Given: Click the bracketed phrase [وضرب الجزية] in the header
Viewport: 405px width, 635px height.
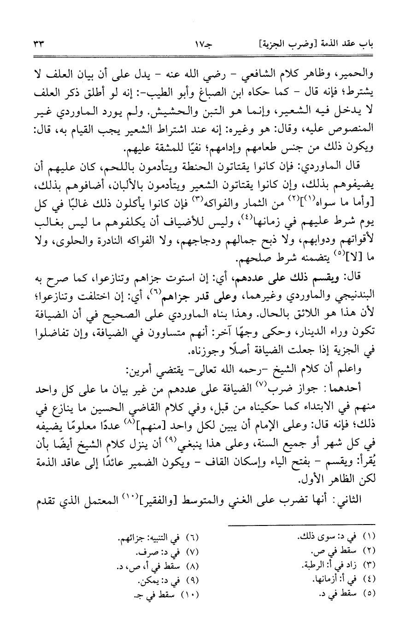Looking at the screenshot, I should tap(274, 45).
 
